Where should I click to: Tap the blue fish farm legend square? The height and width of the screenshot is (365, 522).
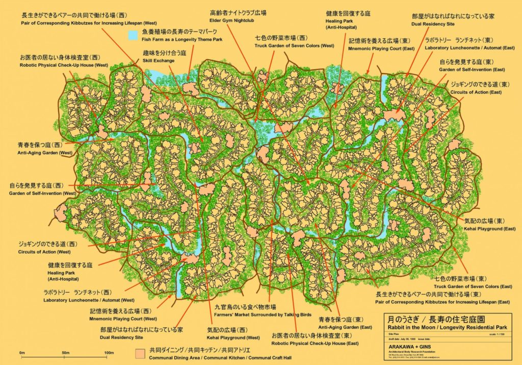click(x=133, y=35)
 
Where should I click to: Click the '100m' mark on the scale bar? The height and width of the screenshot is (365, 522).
click(x=109, y=353)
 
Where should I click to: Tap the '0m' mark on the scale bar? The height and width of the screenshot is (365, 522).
click(x=22, y=353)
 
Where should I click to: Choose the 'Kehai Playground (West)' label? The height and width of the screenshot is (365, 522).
click(x=233, y=337)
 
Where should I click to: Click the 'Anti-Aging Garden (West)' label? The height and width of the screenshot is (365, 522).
click(x=44, y=153)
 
